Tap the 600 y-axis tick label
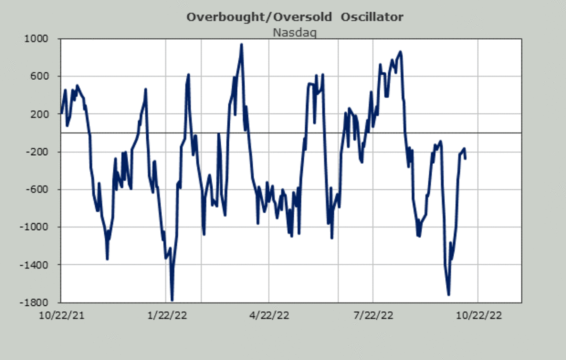click(45, 76)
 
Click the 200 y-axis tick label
click(45, 114)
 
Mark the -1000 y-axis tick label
click(41, 227)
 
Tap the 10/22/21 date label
click(61, 316)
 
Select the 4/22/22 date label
click(269, 316)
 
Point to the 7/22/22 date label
click(373, 316)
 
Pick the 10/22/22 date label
click(478, 316)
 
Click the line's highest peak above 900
click(241, 45)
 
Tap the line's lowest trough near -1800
click(172, 300)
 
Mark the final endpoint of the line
click(466, 159)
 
